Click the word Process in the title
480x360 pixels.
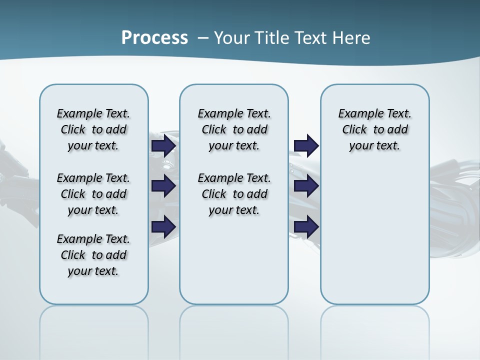click(x=154, y=37)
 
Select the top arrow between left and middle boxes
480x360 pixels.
click(x=163, y=146)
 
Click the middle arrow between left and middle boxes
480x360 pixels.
click(x=163, y=186)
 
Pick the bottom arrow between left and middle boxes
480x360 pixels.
click(x=163, y=227)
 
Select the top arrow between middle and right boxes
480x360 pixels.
click(x=306, y=146)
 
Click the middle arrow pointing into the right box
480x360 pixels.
click(x=306, y=186)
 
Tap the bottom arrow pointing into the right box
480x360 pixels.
click(x=306, y=227)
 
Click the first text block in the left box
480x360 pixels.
click(x=93, y=129)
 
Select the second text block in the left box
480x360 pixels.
click(x=93, y=194)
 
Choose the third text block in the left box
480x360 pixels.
click(x=93, y=255)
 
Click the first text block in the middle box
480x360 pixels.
click(x=234, y=129)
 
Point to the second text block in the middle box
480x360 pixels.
click(x=234, y=194)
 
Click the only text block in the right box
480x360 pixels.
click(x=375, y=129)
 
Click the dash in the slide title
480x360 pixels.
click(x=203, y=37)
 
